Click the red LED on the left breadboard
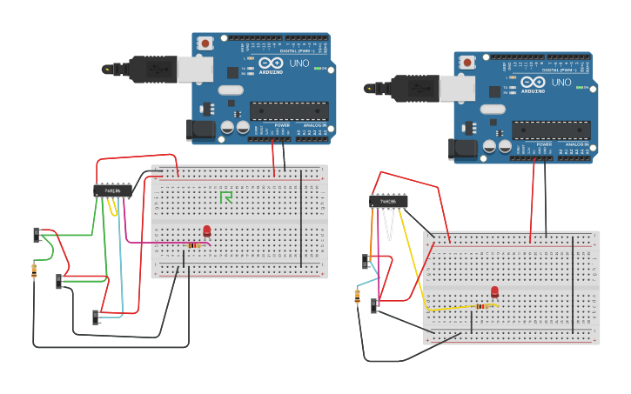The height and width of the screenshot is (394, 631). [206, 230]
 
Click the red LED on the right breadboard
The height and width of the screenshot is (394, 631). [494, 292]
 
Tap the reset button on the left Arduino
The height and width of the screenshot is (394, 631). [205, 43]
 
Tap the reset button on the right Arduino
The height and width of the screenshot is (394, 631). [467, 62]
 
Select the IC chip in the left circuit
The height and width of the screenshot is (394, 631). [113, 190]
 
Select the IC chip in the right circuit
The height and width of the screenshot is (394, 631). [388, 202]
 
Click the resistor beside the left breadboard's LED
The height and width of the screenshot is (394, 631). [193, 245]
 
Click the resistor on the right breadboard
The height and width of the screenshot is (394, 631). [481, 306]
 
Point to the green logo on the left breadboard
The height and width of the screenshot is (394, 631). [226, 197]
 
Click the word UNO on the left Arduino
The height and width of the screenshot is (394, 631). [299, 63]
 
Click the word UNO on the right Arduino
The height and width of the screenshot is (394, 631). [561, 83]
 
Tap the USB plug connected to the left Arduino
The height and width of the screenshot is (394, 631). [153, 69]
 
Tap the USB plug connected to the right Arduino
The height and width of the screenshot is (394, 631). [415, 88]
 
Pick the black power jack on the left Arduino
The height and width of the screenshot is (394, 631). [201, 130]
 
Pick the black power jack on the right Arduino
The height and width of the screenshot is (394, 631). [463, 149]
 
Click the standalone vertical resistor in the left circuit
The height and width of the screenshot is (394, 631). [34, 270]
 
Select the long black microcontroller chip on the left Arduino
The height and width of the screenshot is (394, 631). [290, 110]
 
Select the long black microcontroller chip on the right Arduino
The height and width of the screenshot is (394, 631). [551, 130]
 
